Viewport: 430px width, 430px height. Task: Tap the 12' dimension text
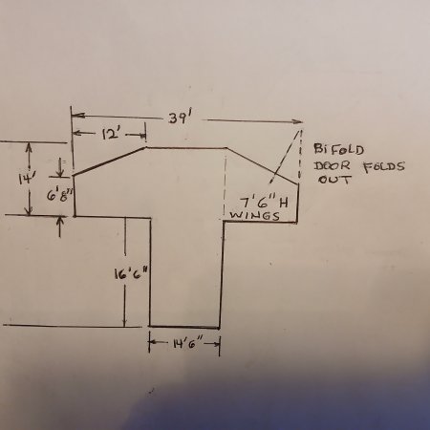111,134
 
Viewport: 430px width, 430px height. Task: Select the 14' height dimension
24,180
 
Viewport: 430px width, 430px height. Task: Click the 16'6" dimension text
131,274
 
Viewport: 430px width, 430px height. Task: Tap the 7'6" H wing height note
264,203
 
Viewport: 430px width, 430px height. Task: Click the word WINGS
254,216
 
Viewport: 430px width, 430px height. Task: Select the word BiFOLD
338,149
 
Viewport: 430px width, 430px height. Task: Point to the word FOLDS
384,166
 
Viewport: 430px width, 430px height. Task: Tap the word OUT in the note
334,180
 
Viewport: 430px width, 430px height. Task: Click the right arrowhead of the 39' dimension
298,121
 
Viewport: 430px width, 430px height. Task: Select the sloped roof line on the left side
110,161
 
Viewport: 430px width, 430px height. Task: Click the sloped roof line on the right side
263,165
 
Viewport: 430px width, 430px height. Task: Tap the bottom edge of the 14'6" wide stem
184,327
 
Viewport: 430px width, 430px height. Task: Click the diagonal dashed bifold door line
285,157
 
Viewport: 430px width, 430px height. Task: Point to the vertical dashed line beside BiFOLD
300,154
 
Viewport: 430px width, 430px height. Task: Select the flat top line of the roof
186,148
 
